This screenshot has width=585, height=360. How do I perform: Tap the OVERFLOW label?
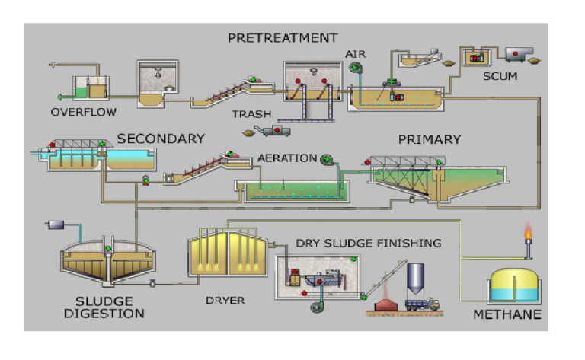(x=84, y=112)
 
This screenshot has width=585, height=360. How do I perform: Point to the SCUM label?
(x=500, y=76)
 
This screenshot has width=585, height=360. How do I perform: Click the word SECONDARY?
(x=161, y=139)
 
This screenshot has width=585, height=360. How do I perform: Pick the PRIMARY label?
(x=430, y=139)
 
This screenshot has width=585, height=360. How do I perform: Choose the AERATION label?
(x=286, y=158)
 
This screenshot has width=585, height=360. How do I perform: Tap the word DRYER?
(x=225, y=300)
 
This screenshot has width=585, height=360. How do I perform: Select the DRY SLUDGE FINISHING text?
(x=369, y=243)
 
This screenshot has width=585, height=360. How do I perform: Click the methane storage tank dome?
(x=513, y=275)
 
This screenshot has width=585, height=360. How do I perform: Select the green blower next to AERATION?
(x=328, y=158)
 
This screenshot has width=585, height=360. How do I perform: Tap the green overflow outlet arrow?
(x=59, y=97)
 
